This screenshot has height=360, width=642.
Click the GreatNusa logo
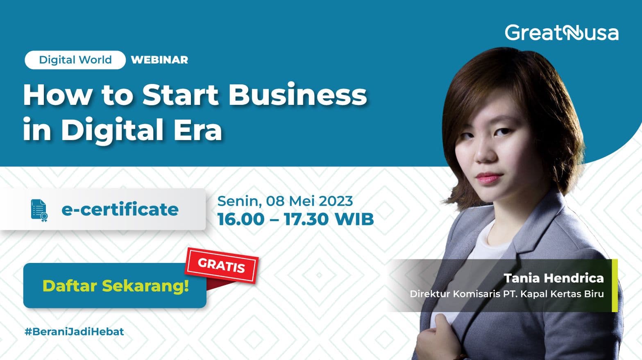click(561, 33)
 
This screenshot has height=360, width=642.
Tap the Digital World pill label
click(75, 60)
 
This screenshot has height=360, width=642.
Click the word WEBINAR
click(159, 60)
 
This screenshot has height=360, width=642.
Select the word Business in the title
click(297, 95)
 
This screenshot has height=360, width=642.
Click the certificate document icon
click(39, 210)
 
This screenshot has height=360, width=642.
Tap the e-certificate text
click(120, 209)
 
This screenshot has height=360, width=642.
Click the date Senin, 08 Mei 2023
click(285, 201)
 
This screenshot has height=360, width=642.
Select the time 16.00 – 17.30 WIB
click(295, 219)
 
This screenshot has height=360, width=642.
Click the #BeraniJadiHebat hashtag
click(74, 331)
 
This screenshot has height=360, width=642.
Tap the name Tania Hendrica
click(554, 278)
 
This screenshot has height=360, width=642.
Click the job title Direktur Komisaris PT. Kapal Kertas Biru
click(507, 294)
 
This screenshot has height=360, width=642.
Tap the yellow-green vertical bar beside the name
click(614, 285)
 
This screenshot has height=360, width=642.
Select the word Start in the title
click(180, 95)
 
